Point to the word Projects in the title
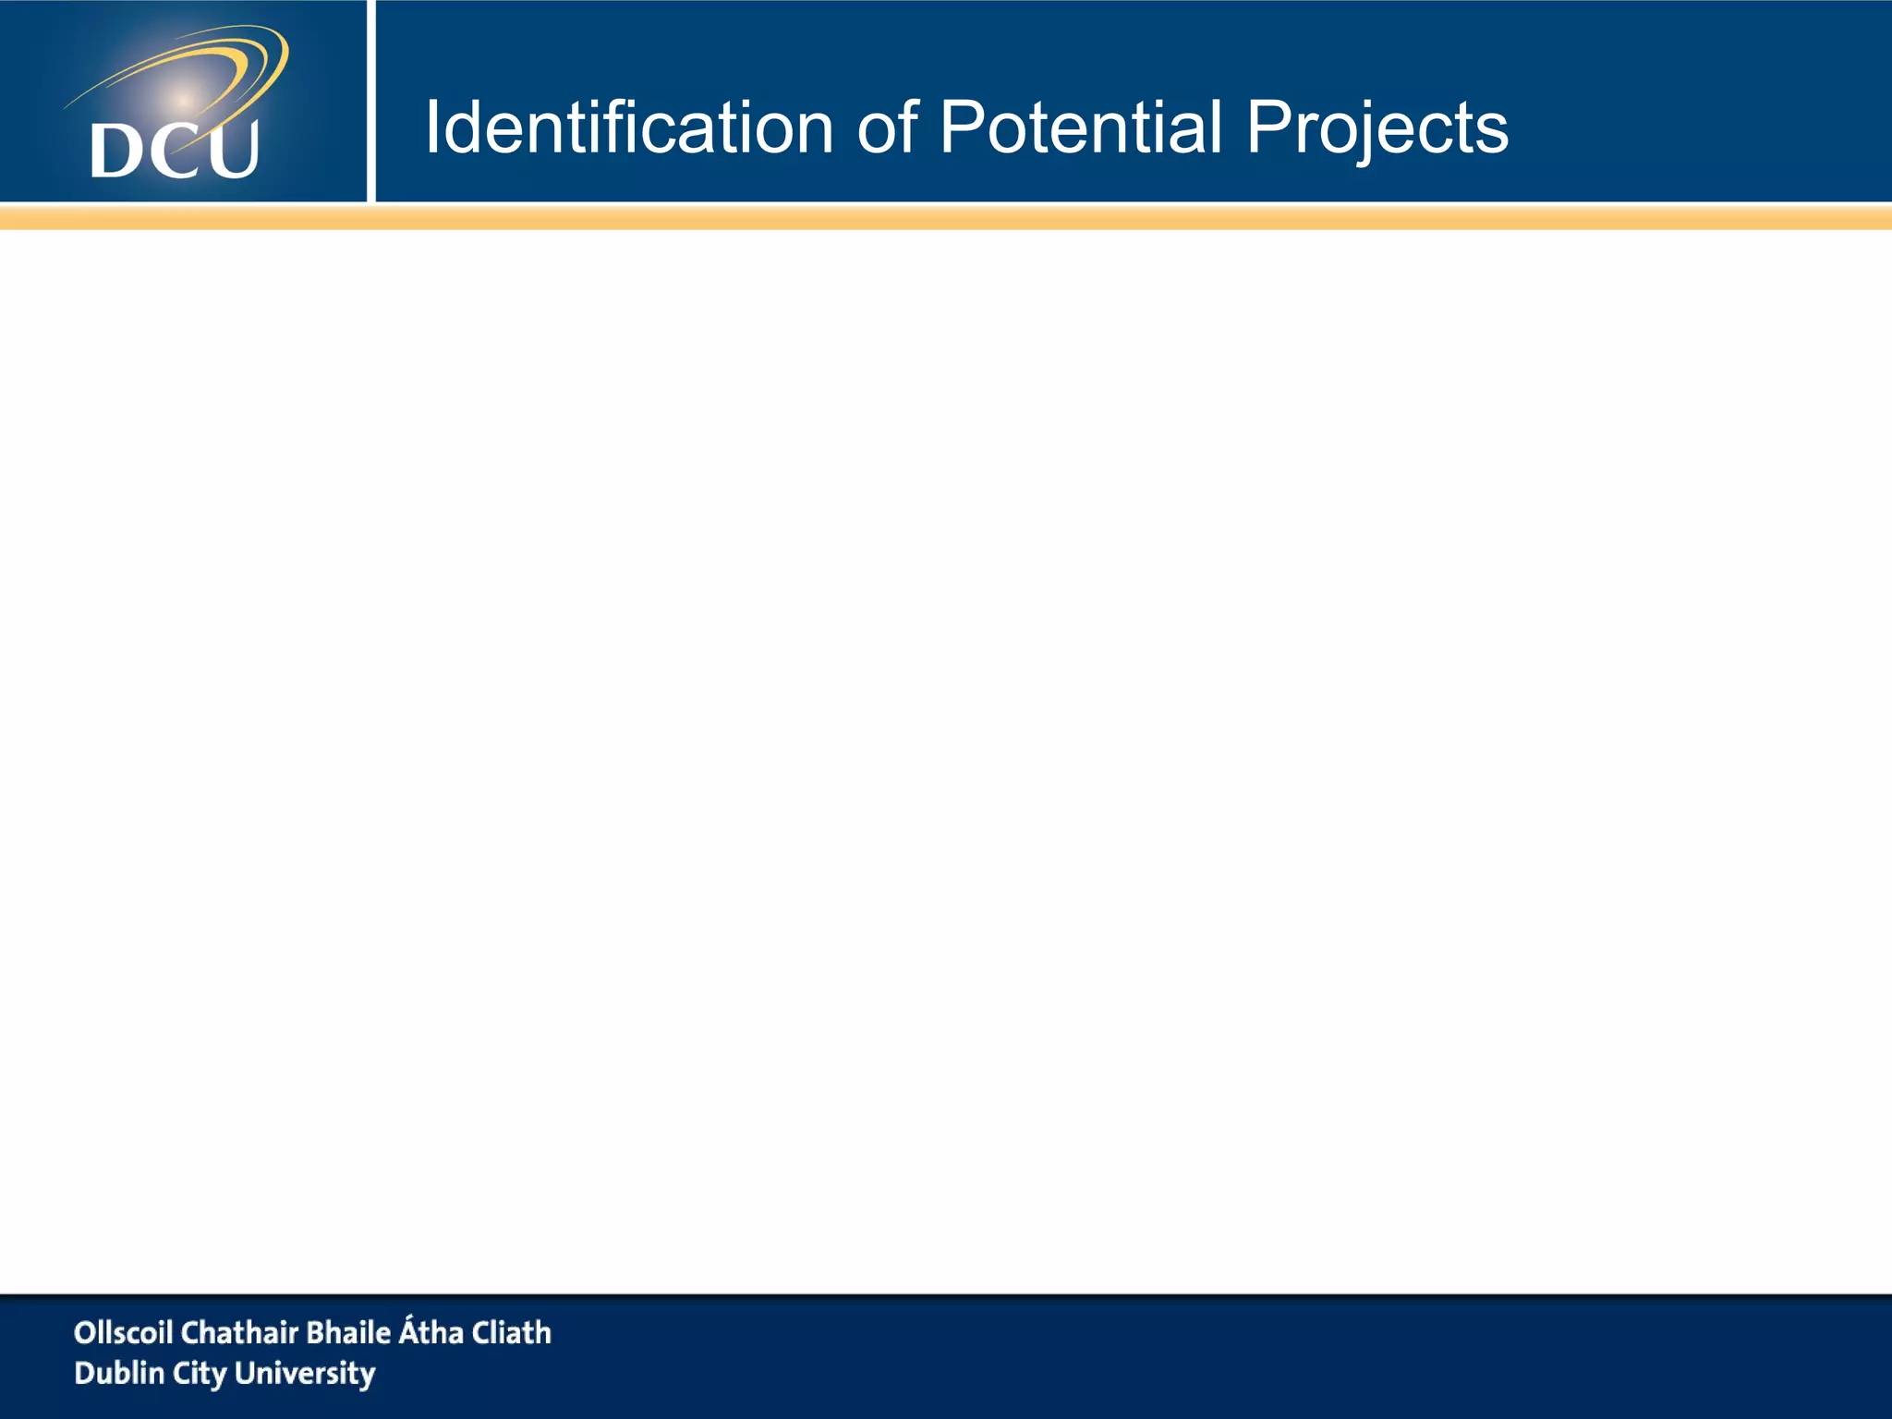tap(1377, 129)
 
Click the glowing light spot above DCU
tap(183, 99)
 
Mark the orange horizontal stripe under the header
tap(946, 218)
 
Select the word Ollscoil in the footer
tap(123, 1332)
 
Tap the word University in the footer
tap(305, 1374)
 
